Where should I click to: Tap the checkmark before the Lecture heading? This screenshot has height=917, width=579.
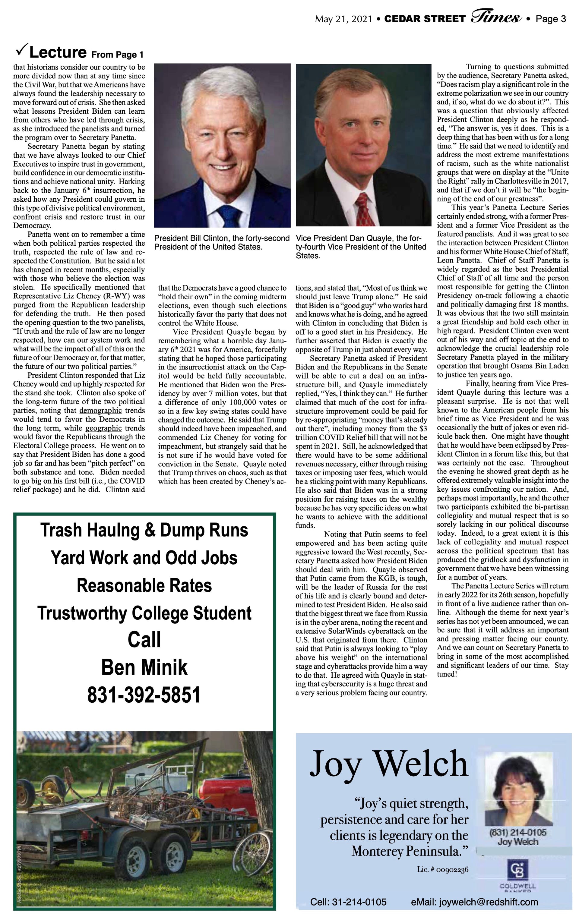pyautogui.click(x=21, y=50)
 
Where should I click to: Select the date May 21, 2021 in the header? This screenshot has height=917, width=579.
pyautogui.click(x=343, y=19)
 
